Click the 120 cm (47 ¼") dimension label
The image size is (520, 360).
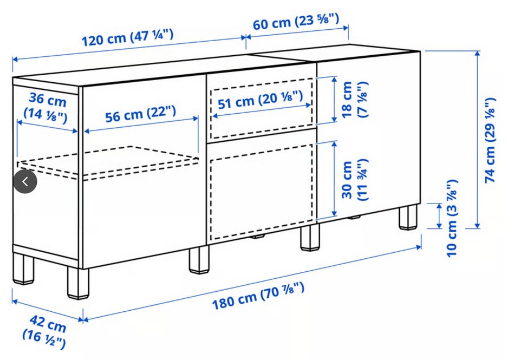tap(127, 37)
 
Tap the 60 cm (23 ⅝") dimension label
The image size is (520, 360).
tap(296, 21)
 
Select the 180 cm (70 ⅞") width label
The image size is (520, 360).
tap(258, 296)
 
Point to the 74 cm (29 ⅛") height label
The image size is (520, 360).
tap(490, 140)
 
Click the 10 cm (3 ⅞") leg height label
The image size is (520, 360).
tap(452, 219)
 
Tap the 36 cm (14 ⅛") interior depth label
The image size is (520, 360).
tap(45, 107)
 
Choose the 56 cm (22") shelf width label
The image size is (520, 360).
tap(141, 114)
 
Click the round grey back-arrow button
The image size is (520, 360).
tap(25, 181)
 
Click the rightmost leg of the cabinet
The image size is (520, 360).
tap(408, 217)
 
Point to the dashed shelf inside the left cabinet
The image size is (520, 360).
tap(108, 162)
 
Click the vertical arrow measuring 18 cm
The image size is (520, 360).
tap(334, 99)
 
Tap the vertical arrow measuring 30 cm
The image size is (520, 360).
tap(334, 179)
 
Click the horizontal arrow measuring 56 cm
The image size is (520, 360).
tap(141, 125)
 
